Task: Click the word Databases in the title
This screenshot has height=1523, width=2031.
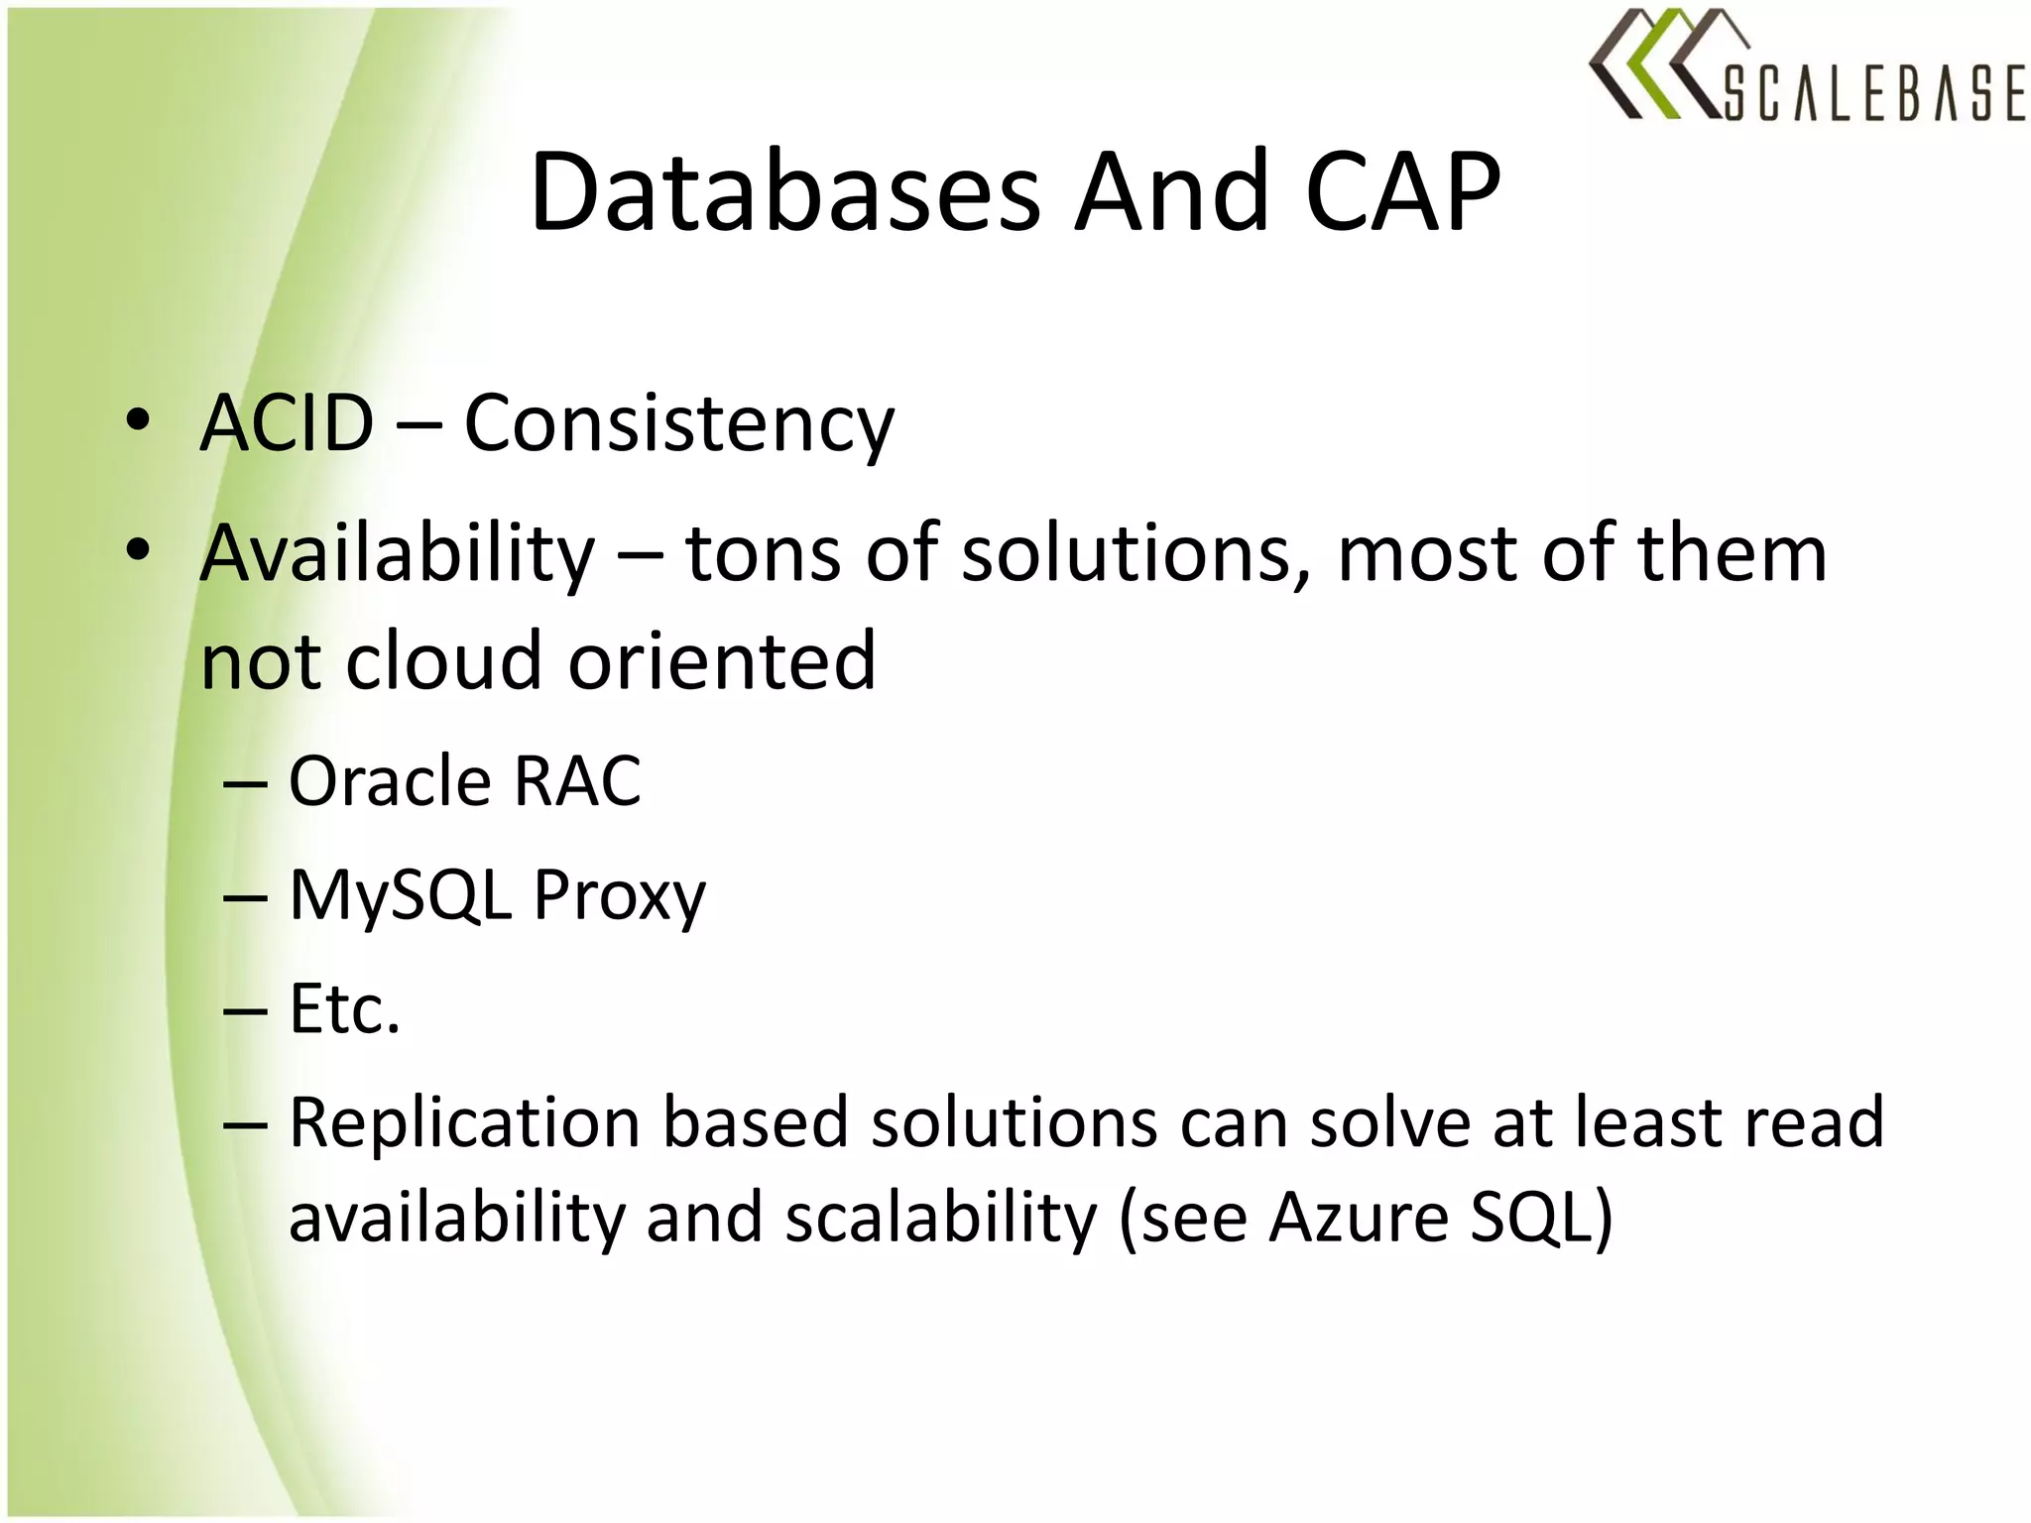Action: point(784,192)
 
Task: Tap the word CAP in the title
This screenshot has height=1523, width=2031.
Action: point(1402,192)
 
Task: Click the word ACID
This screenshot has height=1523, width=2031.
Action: point(287,424)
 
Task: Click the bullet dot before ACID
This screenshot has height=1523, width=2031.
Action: point(138,420)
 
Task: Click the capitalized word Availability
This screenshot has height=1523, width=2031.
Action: point(398,555)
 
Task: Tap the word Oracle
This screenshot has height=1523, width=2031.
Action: point(389,782)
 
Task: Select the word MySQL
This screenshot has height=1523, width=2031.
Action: point(401,896)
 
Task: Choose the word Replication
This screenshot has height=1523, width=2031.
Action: point(464,1124)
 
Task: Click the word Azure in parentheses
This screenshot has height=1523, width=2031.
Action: point(1359,1218)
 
